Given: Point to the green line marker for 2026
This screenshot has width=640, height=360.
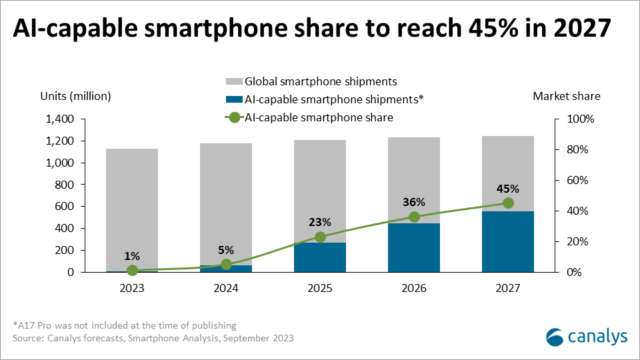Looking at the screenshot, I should (x=414, y=217).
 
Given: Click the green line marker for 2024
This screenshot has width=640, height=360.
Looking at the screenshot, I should (x=226, y=265).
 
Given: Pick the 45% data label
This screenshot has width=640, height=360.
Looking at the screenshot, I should (x=508, y=188).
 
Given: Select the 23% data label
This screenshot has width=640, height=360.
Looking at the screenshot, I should (x=320, y=222).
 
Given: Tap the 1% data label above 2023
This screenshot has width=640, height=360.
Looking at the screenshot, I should (x=132, y=255).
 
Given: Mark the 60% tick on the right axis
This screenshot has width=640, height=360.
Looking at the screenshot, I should (x=575, y=181).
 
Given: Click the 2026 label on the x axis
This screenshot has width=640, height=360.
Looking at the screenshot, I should (x=414, y=288).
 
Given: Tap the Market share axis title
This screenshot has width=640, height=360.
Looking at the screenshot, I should (x=567, y=96).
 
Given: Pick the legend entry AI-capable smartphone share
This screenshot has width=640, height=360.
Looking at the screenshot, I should (x=319, y=117).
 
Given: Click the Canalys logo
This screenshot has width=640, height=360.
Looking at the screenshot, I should (x=586, y=337).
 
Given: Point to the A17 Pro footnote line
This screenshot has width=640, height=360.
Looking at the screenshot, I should (x=125, y=325).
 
